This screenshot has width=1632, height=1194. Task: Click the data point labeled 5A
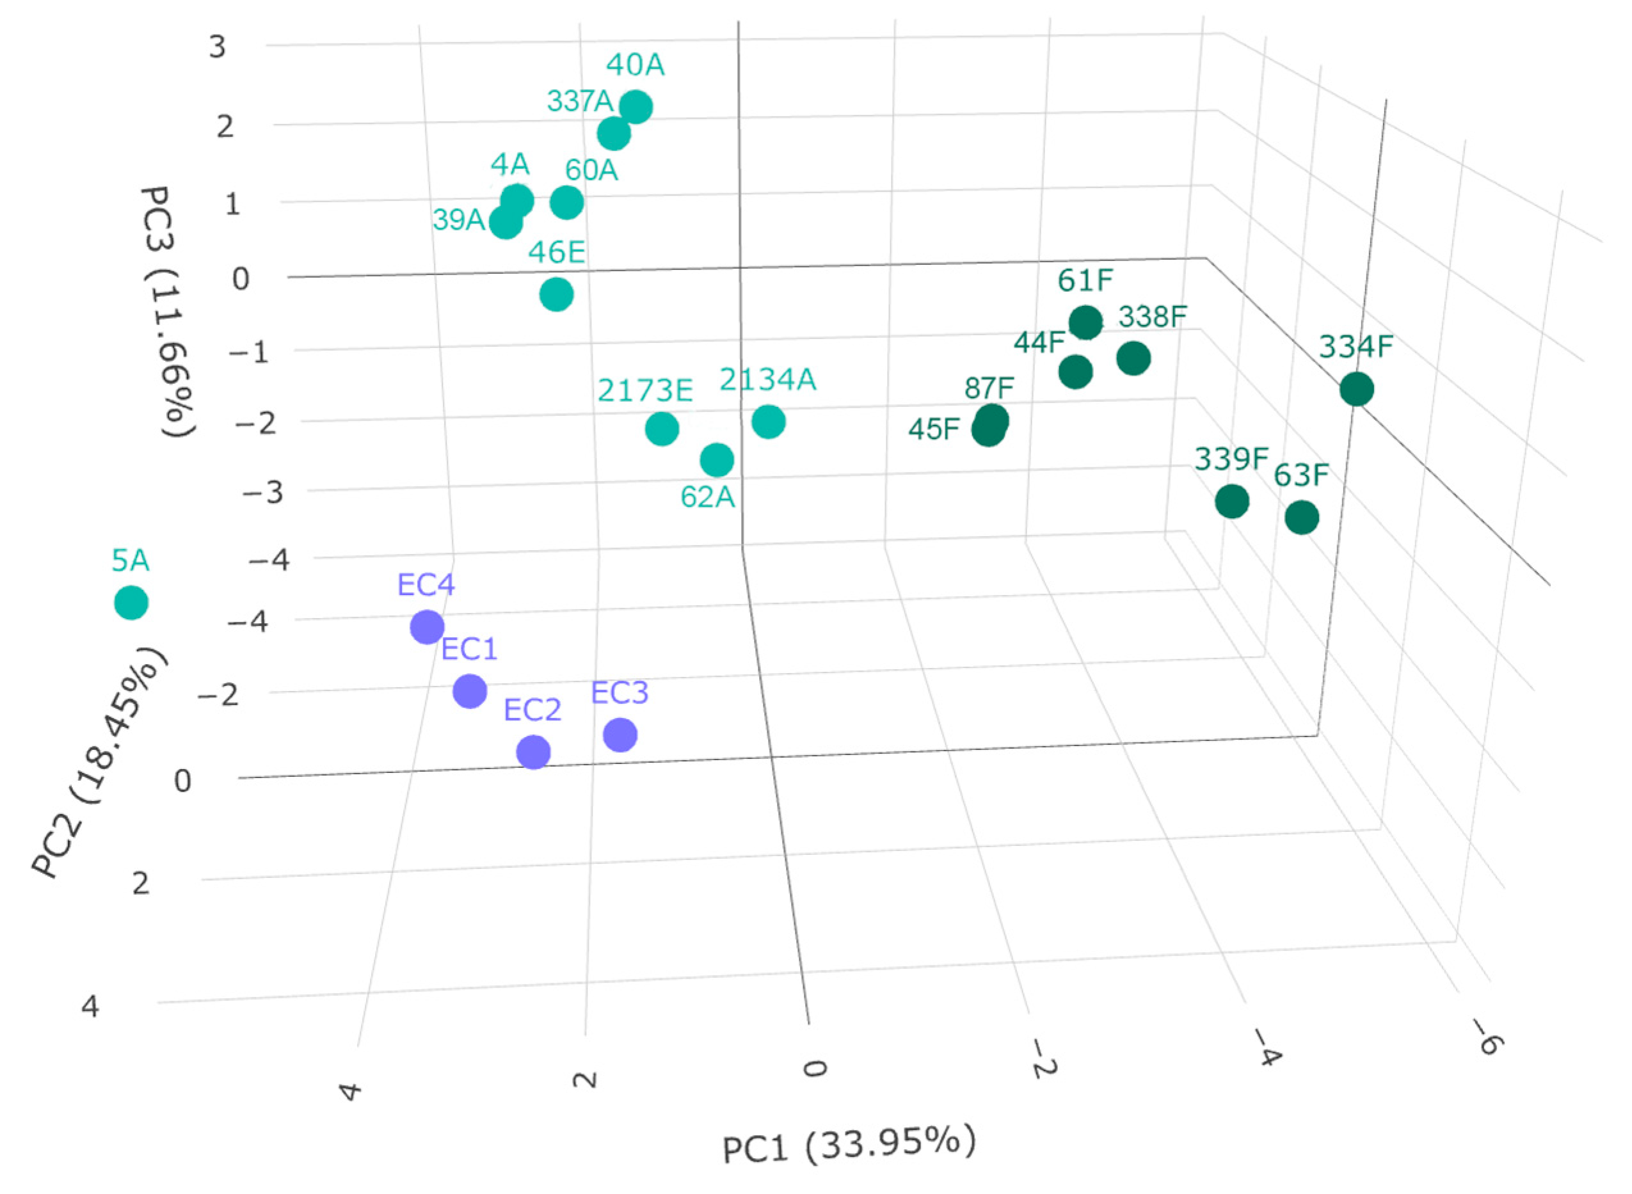[x=131, y=602]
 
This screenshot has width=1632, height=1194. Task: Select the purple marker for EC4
[x=427, y=626]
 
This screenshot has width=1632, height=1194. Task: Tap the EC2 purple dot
[x=533, y=752]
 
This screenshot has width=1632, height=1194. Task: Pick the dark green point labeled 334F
[x=1357, y=390]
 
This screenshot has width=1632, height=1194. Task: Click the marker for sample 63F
[x=1302, y=518]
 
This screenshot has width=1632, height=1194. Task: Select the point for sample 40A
[x=636, y=107]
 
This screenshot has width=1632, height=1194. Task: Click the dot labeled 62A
[x=717, y=459]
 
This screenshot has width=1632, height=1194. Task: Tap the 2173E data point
[x=662, y=429]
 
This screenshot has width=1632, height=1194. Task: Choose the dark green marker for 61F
[x=1085, y=322]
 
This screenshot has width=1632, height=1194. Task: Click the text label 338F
[x=1153, y=317]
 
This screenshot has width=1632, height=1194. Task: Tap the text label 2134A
[x=767, y=379]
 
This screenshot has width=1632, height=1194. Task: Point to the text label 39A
[x=458, y=219]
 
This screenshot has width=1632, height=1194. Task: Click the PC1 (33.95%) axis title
[x=849, y=1145]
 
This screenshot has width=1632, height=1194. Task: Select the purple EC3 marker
[x=620, y=735]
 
